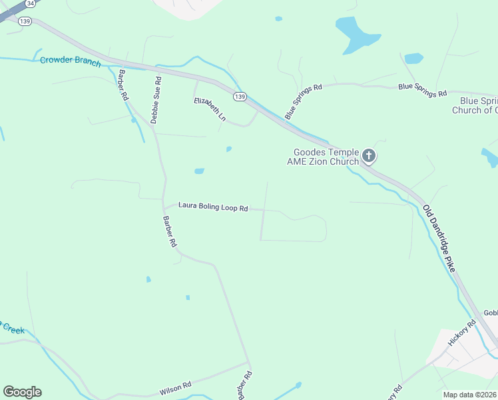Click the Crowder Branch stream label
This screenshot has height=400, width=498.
click(70, 61)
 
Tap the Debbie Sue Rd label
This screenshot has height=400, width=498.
click(156, 100)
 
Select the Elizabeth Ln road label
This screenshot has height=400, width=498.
click(210, 109)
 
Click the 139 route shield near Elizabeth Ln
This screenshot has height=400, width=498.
click(240, 97)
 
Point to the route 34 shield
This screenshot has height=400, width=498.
click(29, 3)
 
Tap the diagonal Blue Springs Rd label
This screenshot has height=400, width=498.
click(303, 101)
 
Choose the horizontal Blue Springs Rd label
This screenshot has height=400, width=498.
click(422, 89)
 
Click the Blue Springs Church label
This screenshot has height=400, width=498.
click(475, 105)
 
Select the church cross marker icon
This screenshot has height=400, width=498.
click(369, 157)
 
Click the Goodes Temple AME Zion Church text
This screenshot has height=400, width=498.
click(323, 157)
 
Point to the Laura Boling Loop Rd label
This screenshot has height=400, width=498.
click(213, 208)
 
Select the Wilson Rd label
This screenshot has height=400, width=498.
click(176, 386)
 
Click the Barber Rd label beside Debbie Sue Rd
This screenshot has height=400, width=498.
click(123, 85)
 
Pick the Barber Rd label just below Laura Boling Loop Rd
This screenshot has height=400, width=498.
click(170, 231)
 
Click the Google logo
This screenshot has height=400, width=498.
click(22, 392)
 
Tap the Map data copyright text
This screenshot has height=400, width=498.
click(470, 395)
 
